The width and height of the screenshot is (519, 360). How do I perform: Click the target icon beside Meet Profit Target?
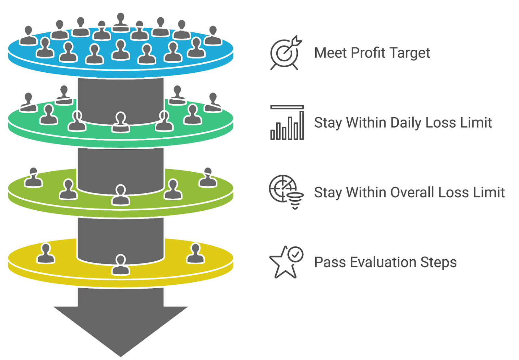pyautogui.click(x=285, y=53)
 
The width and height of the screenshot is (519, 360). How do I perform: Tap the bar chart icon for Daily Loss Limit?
pyautogui.click(x=287, y=123)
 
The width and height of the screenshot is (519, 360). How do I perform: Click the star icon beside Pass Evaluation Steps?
pyautogui.click(x=285, y=262)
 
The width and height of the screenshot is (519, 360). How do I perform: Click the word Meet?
pyautogui.click(x=330, y=53)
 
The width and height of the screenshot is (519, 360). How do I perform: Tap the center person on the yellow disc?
pyautogui.click(x=121, y=265)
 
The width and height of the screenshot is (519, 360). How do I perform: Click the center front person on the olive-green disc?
pyautogui.click(x=121, y=195)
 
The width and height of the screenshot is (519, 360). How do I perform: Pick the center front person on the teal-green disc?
pyautogui.click(x=121, y=122)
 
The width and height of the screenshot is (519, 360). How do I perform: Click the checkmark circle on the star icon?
pyautogui.click(x=296, y=254)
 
